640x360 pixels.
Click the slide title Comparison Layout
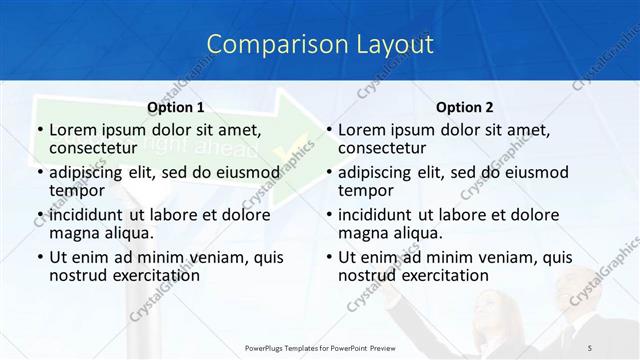pyautogui.click(x=320, y=45)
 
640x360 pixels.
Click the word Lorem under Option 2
pyautogui.click(x=362, y=130)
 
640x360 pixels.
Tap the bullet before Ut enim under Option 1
pyautogui.click(x=39, y=257)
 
